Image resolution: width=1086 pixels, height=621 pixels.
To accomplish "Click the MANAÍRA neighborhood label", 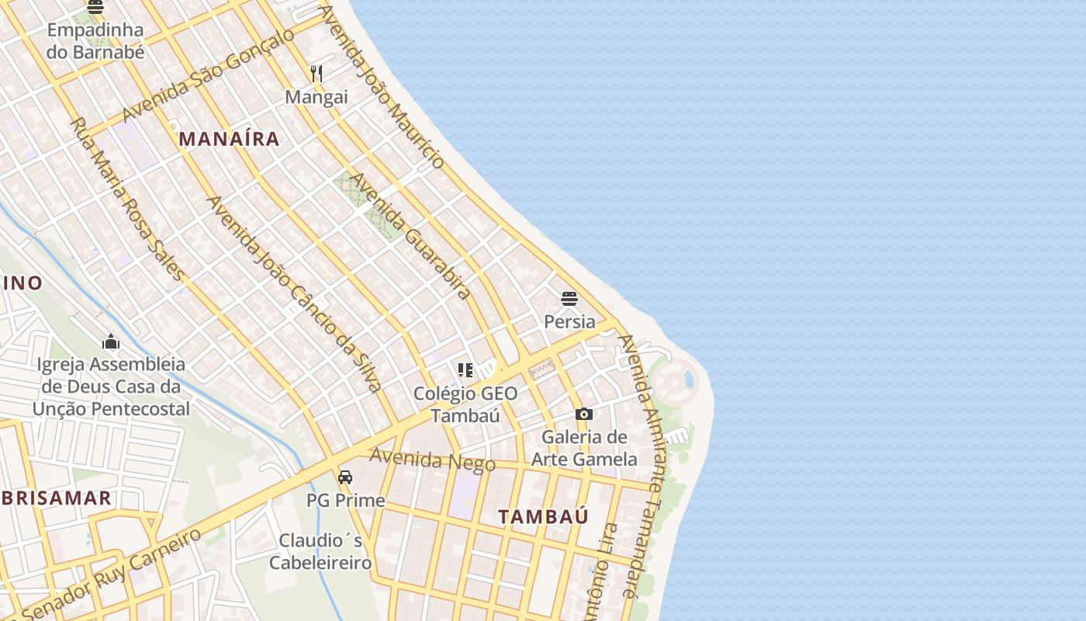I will (229, 139).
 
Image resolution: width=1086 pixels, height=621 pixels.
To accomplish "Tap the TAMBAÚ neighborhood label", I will (543, 516).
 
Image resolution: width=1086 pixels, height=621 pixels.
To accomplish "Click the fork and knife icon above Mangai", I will (316, 74).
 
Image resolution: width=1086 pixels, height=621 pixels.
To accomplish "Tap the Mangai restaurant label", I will (316, 98).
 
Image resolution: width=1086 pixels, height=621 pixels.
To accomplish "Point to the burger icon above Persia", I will (569, 299).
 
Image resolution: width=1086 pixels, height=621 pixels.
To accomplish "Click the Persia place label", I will (569, 321).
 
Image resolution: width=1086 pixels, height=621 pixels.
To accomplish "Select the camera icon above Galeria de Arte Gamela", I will (584, 415).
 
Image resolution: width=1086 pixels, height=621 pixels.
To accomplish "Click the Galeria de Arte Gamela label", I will (584, 448).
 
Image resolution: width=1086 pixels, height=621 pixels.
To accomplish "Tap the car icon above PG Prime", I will (345, 477).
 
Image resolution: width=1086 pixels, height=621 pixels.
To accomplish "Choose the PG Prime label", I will (345, 501).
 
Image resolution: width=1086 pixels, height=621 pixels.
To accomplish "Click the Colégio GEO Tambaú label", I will (465, 404).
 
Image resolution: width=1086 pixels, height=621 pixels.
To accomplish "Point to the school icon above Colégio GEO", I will (465, 370).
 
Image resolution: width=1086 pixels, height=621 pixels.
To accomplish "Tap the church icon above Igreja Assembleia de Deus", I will (111, 342).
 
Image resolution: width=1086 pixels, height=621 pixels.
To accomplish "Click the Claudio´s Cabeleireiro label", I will (320, 551).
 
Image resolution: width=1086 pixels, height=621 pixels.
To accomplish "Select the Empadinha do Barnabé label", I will (95, 41).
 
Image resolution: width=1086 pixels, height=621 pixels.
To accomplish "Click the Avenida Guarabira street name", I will (410, 236).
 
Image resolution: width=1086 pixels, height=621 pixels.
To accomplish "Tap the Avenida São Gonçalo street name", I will (208, 75).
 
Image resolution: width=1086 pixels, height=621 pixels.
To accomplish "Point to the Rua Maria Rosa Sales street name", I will (128, 199).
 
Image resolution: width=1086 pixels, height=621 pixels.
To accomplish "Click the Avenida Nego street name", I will (432, 460).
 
